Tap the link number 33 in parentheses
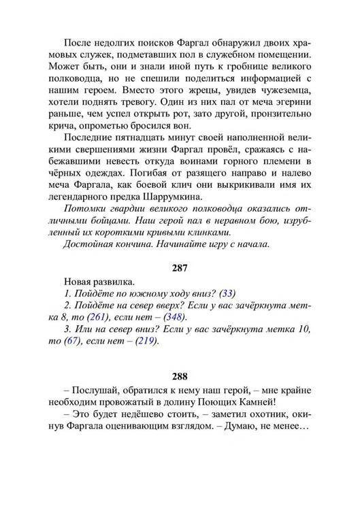point(228,293)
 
